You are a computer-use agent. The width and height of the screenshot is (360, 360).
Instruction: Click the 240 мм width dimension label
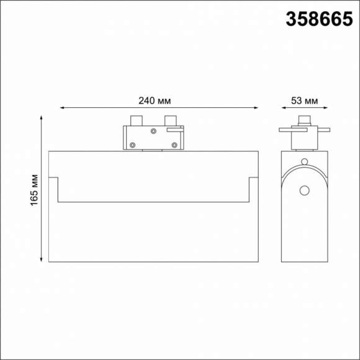point(155,100)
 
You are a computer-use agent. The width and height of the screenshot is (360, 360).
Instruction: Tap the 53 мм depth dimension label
point(304,100)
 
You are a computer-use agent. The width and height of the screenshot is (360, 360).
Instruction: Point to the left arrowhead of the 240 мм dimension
point(63,108)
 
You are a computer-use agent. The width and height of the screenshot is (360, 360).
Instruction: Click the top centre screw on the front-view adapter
point(153,131)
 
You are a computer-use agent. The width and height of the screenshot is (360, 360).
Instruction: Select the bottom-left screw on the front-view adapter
point(133,145)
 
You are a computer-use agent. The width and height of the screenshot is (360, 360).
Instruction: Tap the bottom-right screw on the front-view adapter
point(174,145)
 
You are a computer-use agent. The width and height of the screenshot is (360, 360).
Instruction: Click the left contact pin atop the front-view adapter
point(136,120)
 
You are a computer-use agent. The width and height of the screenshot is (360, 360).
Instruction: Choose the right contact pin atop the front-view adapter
point(170,120)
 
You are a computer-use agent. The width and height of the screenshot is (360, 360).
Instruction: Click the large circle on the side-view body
point(304,190)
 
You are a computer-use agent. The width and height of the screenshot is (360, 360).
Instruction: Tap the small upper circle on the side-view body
point(304,162)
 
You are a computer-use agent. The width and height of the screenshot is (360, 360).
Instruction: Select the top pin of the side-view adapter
point(304,120)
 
